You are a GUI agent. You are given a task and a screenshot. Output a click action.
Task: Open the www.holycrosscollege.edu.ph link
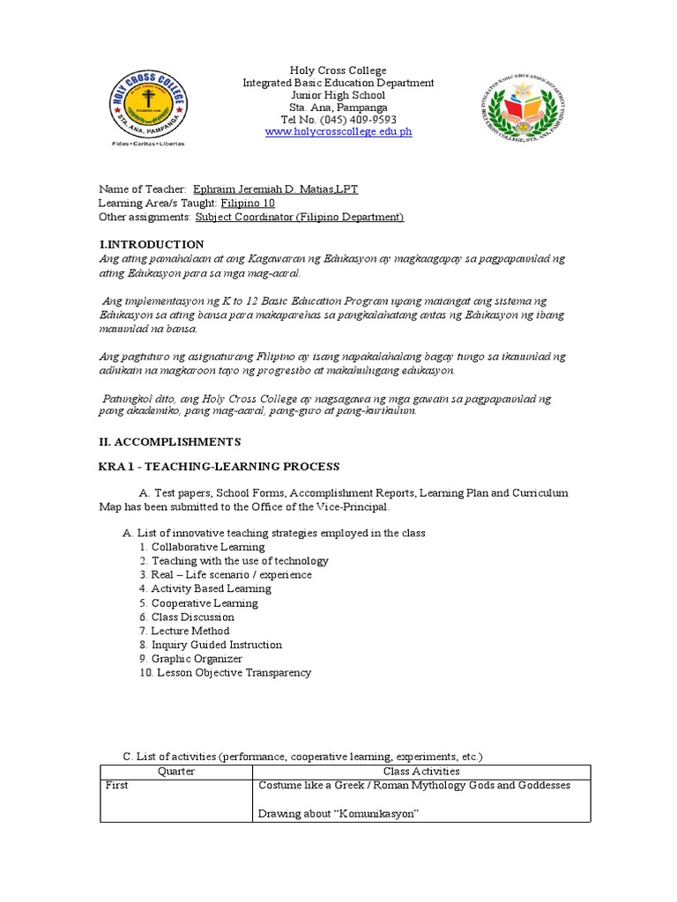(x=338, y=132)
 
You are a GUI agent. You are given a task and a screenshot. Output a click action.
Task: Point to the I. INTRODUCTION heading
(x=151, y=244)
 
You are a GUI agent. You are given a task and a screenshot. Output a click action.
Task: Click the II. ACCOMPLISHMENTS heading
(x=169, y=441)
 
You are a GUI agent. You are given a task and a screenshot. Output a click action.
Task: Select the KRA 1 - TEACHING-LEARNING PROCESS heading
(x=219, y=466)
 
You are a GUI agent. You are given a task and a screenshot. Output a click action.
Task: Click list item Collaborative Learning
(x=207, y=547)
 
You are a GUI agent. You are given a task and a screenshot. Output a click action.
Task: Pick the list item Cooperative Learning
(x=204, y=603)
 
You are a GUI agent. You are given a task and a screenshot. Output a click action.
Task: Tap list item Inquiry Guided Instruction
(x=216, y=645)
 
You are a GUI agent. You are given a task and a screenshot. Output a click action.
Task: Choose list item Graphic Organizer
(x=196, y=659)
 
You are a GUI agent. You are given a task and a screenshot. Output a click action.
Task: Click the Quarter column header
(x=175, y=772)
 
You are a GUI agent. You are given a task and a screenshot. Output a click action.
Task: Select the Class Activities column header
(x=421, y=772)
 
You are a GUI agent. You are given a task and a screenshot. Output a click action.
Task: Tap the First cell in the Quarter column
(x=116, y=786)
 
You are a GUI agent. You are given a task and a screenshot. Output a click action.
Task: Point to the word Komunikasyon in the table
(x=369, y=814)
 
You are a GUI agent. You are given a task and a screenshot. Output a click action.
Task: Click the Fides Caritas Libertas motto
(x=148, y=143)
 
